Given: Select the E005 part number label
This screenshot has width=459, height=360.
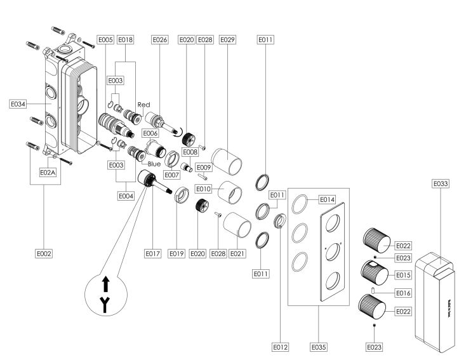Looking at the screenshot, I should tap(106, 40).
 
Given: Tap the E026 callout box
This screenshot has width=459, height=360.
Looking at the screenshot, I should tap(159, 40).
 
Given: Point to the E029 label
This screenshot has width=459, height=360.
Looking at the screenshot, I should tap(227, 40).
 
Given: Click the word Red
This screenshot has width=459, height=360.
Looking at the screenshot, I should tap(143, 103).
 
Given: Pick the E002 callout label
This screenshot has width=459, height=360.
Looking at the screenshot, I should tap(43, 253).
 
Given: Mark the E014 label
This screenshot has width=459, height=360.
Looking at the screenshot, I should tap(327, 199).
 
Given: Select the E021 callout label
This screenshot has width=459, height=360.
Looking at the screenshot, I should tap(237, 253).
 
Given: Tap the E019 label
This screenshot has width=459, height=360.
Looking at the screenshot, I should tap(176, 253).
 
